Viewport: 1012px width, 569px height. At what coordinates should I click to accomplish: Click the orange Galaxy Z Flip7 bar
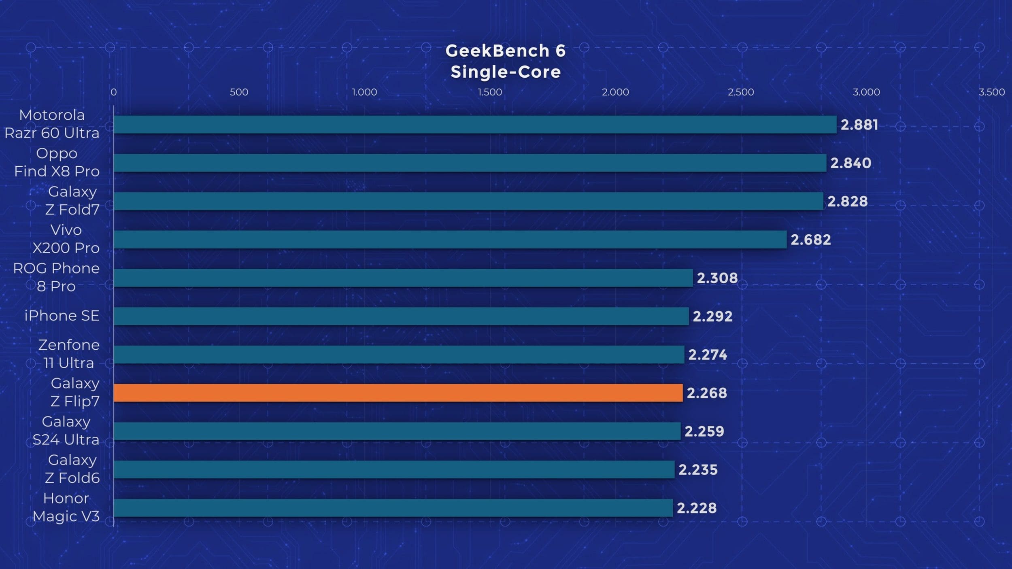click(398, 393)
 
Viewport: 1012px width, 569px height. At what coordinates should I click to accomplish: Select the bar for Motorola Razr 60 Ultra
click(475, 125)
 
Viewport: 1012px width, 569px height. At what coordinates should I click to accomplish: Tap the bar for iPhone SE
click(401, 316)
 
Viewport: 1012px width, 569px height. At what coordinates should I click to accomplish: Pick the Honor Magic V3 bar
click(393, 508)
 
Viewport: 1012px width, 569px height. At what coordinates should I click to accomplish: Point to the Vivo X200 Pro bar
click(450, 240)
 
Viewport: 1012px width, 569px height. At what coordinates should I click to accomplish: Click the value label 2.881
click(859, 125)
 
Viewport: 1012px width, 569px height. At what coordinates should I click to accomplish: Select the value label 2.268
click(707, 393)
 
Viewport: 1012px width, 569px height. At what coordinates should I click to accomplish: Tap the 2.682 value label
click(810, 240)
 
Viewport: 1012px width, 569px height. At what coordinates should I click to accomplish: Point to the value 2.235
click(698, 470)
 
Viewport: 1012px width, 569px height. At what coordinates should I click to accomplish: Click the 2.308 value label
click(717, 278)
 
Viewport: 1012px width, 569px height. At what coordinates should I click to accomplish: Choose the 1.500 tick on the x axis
click(490, 92)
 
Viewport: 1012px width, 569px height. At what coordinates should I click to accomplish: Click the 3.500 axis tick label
click(992, 92)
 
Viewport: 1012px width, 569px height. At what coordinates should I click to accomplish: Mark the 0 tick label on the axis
click(114, 92)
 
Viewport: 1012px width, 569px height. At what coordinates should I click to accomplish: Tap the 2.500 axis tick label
click(741, 92)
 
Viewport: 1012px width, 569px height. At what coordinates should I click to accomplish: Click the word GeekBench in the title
click(497, 51)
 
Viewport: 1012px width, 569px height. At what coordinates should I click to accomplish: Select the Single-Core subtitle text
click(506, 72)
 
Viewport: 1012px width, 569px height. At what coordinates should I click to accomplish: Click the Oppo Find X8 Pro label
click(57, 162)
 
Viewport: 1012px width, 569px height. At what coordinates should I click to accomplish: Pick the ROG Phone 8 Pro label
click(56, 277)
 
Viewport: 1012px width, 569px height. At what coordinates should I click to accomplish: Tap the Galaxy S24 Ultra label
click(66, 431)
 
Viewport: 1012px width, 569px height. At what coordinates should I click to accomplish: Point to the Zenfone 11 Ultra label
click(69, 354)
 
